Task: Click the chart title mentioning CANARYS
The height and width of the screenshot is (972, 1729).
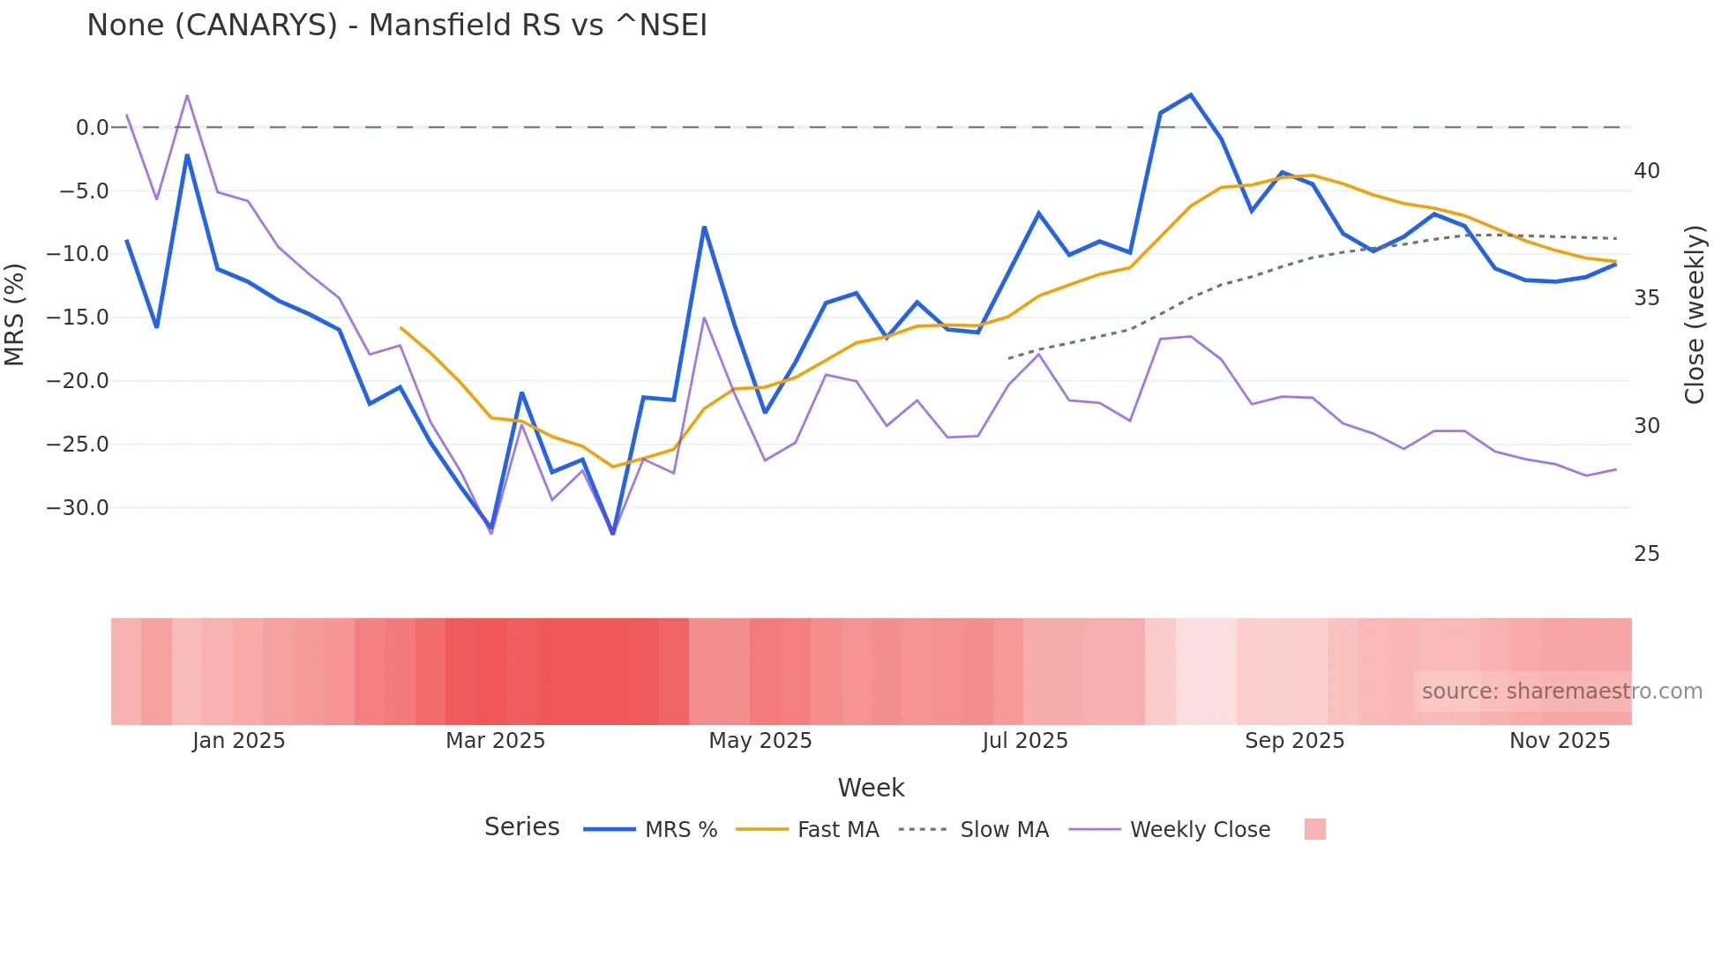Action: pos(397,26)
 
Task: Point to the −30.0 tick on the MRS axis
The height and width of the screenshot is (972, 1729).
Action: pos(78,508)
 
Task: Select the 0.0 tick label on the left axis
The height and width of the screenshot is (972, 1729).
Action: pos(92,128)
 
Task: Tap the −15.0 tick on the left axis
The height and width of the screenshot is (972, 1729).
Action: pos(78,318)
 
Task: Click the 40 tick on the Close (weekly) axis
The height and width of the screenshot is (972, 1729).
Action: pos(1646,171)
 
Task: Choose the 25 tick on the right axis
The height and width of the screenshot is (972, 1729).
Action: pos(1646,554)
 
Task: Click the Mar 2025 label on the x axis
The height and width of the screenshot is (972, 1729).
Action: pos(495,741)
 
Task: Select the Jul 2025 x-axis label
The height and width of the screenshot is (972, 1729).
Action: pos(1024,741)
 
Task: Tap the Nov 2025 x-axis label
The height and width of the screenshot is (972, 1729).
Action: pos(1559,741)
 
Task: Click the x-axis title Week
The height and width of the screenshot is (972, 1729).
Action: pos(871,788)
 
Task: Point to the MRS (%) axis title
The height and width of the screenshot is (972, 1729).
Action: pos(15,315)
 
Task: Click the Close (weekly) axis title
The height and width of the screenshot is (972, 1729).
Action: pos(1694,315)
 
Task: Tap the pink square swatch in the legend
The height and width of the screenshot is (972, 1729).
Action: pos(1314,830)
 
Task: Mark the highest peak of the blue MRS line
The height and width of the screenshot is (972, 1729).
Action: pos(1191,95)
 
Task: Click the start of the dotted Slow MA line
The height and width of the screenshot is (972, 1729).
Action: pos(1009,358)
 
